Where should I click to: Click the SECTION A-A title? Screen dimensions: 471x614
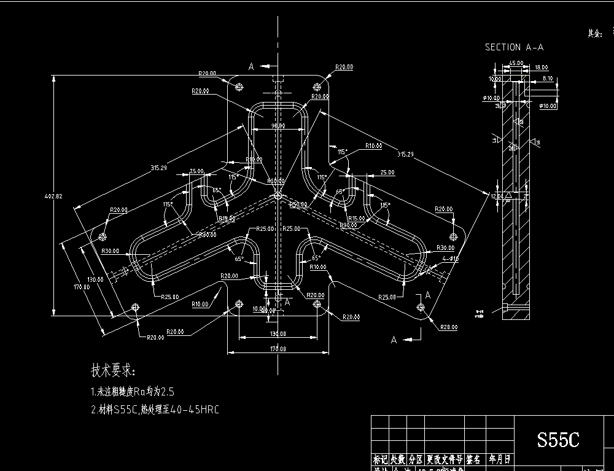(x=514, y=47)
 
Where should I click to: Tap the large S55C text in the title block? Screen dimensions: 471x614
(x=558, y=440)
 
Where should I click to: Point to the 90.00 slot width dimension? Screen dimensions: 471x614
(x=278, y=126)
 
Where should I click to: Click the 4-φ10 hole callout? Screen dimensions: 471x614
(x=450, y=259)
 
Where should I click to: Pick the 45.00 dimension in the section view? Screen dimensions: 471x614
(x=516, y=63)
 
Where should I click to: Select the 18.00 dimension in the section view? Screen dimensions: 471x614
(x=541, y=68)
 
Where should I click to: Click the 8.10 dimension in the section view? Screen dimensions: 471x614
(x=548, y=79)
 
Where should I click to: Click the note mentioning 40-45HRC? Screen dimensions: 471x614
(x=154, y=410)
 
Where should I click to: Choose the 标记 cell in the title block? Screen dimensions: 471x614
(x=380, y=459)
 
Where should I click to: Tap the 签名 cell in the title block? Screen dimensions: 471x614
(x=473, y=459)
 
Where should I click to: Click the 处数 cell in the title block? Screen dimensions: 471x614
(x=398, y=459)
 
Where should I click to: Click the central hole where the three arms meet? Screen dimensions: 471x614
(x=278, y=195)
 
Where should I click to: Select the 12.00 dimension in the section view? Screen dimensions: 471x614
(x=496, y=196)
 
